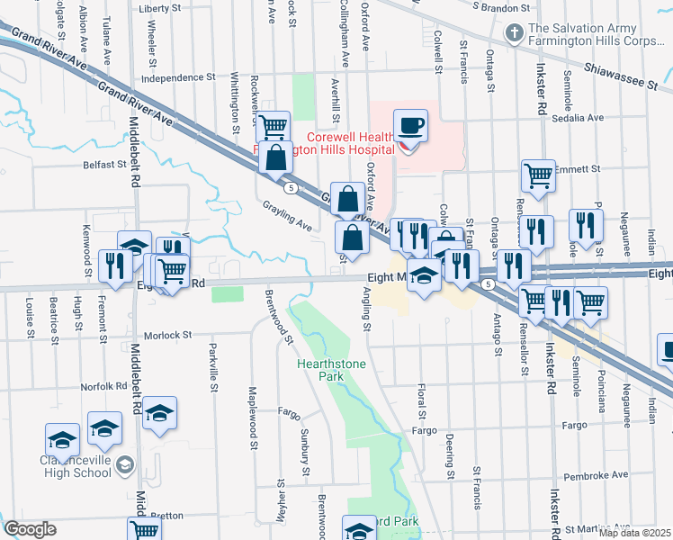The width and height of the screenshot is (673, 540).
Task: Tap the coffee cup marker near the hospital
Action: pyautogui.click(x=410, y=127)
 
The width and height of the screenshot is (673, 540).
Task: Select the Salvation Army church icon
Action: pyautogui.click(x=514, y=34)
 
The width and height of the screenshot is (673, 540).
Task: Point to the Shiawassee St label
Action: pyautogui.click(x=620, y=75)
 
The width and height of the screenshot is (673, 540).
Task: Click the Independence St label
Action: pyautogui.click(x=178, y=78)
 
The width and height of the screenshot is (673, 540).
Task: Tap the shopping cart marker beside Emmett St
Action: pyautogui.click(x=538, y=175)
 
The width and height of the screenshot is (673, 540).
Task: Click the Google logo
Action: pyautogui.click(x=30, y=529)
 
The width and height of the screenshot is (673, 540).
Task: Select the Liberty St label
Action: pyautogui.click(x=160, y=8)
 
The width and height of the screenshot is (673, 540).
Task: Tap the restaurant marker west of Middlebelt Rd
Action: pyautogui.click(x=114, y=265)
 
